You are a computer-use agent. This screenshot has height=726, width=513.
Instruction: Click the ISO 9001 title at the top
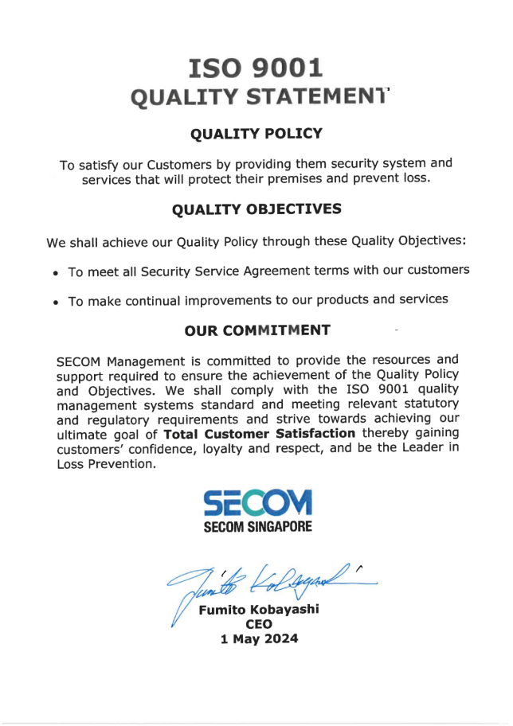(256, 68)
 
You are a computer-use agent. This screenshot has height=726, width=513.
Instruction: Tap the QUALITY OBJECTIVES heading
(256, 209)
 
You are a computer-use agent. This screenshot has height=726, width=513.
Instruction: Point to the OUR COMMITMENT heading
(257, 330)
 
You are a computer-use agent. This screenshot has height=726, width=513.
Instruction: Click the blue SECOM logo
(257, 503)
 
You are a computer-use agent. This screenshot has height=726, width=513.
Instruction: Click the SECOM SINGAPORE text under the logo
(257, 527)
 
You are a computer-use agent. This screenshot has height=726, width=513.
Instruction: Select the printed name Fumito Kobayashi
(258, 610)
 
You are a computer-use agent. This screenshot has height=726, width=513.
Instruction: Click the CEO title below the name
(258, 624)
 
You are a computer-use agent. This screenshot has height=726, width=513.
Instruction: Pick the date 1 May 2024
(258, 638)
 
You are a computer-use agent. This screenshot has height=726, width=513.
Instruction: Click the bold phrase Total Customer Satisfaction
(259, 434)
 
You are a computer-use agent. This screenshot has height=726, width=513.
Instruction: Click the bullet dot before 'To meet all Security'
(56, 273)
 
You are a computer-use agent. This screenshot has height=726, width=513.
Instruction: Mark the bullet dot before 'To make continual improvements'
(56, 302)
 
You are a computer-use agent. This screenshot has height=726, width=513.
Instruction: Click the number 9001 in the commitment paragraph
(374, 389)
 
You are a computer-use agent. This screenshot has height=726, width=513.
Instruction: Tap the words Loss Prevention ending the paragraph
(104, 464)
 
